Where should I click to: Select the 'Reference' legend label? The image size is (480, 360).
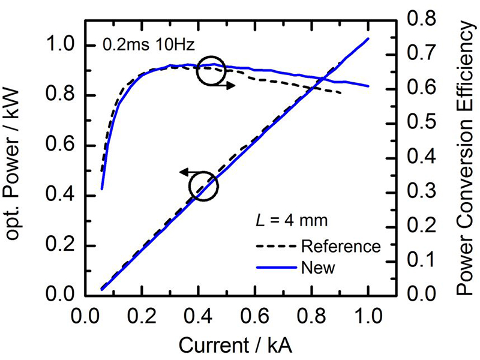(341, 246)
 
